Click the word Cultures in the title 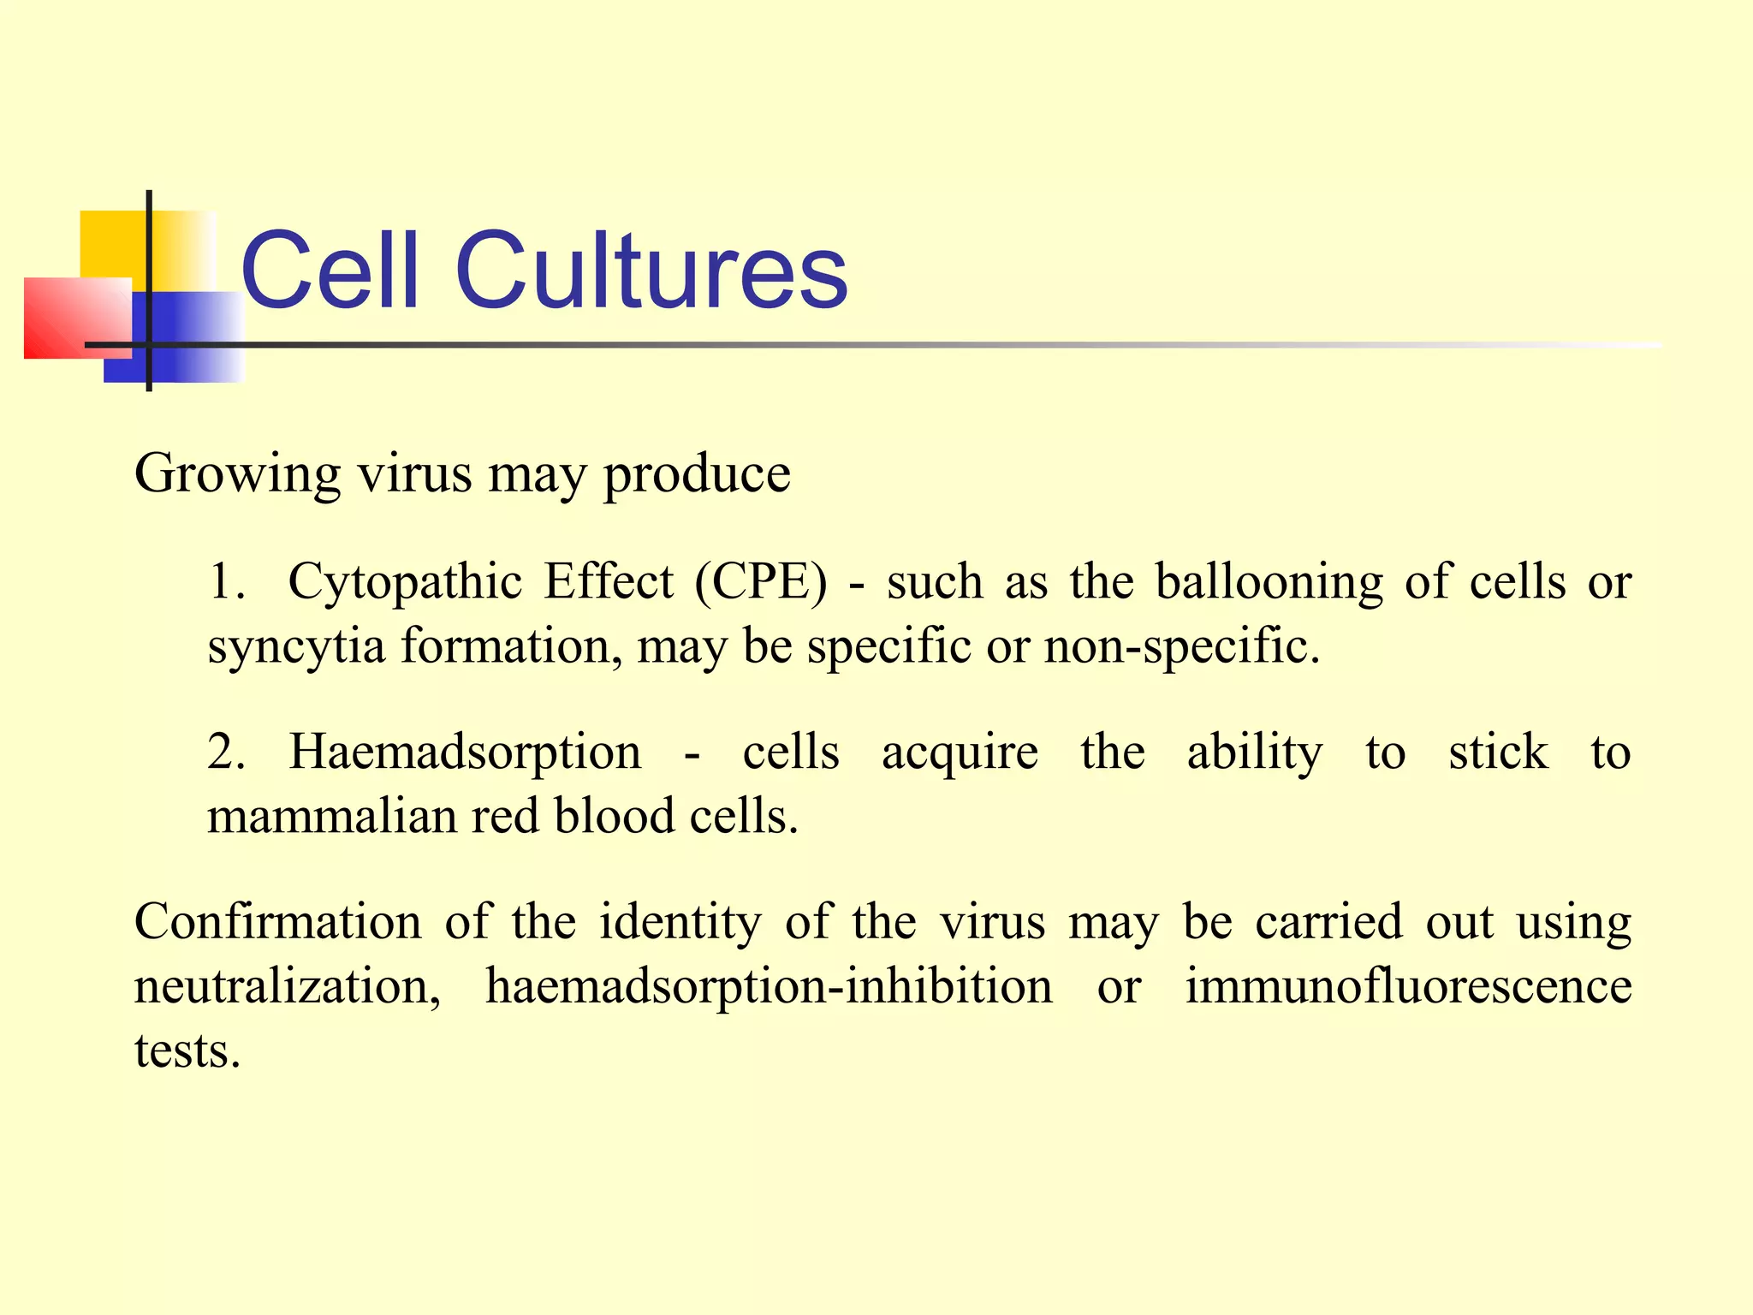[651, 271]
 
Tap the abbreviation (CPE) [761, 582]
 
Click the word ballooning [1269, 582]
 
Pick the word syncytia [296, 647]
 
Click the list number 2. [226, 753]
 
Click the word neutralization [288, 987]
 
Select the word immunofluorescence [1408, 986]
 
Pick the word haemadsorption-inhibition [769, 987]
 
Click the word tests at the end [187, 1051]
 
